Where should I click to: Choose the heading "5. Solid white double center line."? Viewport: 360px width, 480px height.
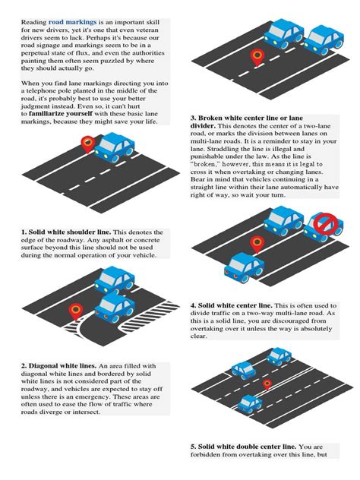pos(244,447)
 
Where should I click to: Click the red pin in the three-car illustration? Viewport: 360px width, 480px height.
pos(267,385)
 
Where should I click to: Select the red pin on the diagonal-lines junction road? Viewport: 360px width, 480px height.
pos(74,309)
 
